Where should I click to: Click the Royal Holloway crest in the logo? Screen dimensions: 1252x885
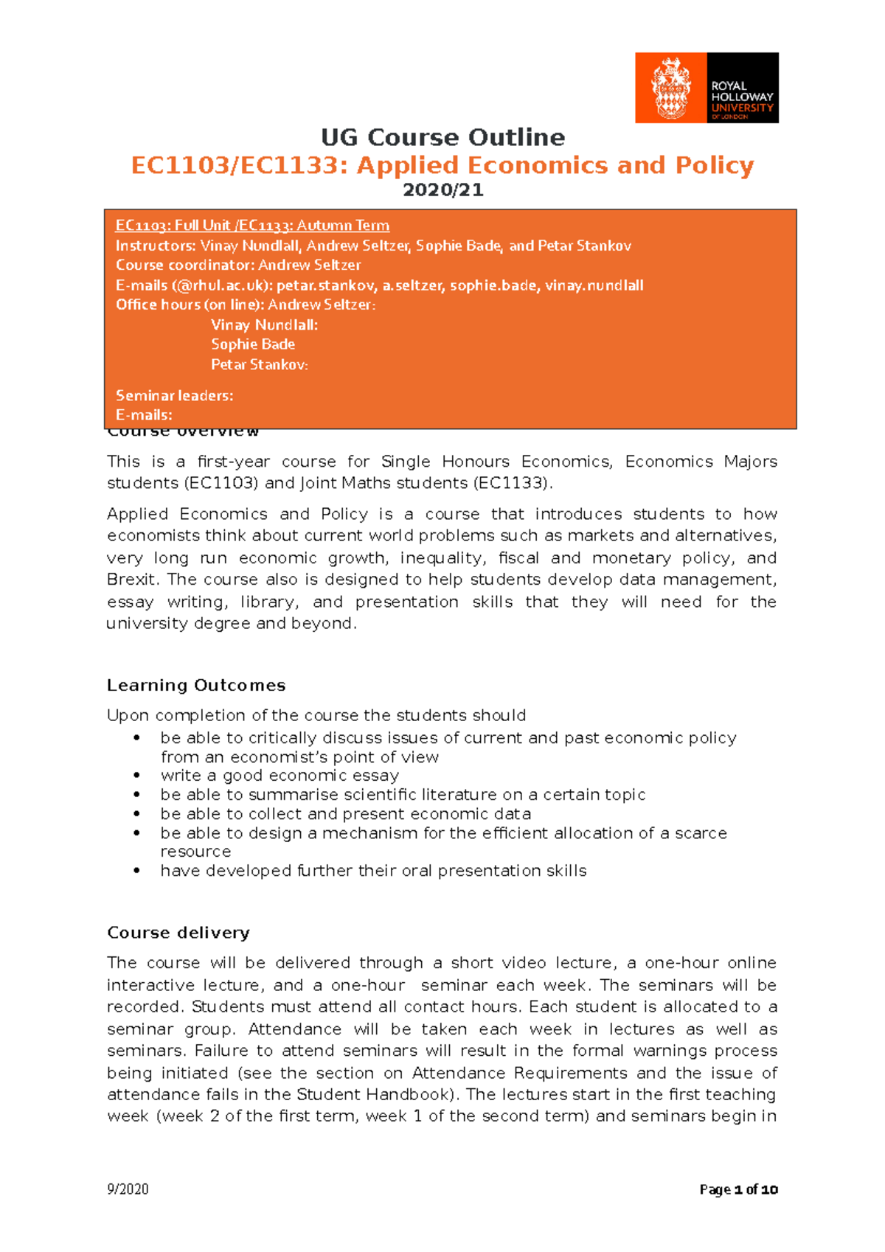point(670,88)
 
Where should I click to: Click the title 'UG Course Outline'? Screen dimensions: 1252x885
point(442,137)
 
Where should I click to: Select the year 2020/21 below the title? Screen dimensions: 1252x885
point(442,190)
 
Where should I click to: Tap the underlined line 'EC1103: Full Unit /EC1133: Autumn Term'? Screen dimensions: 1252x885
point(252,226)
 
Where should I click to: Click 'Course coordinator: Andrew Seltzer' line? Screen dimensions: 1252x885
point(238,265)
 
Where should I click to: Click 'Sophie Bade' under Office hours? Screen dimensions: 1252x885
point(253,344)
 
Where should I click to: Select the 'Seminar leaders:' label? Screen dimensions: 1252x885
point(174,396)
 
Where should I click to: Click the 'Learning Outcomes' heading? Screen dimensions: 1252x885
point(196,685)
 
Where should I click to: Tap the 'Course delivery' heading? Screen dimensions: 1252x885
point(178,933)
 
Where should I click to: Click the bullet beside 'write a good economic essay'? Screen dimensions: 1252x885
point(137,776)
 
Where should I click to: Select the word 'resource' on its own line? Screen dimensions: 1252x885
point(195,852)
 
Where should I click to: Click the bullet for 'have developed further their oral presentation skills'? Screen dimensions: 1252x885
point(137,871)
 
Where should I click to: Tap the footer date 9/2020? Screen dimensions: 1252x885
point(128,1189)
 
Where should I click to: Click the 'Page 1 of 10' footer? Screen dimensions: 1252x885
point(738,1189)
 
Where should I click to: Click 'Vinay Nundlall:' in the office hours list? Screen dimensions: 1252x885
point(264,324)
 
